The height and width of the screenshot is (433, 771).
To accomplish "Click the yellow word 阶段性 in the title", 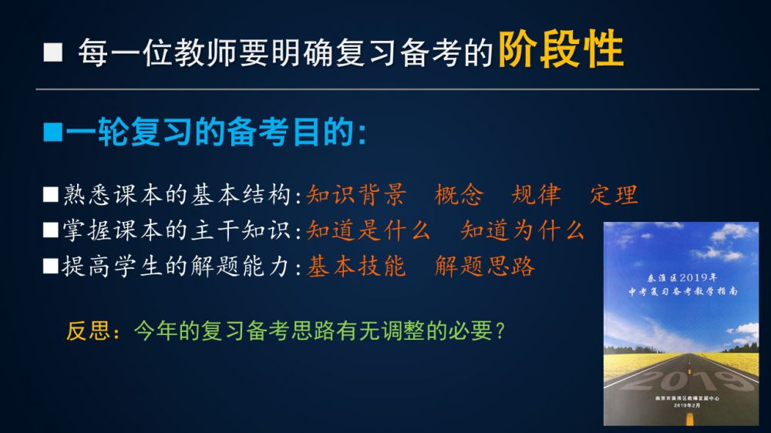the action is [x=561, y=49].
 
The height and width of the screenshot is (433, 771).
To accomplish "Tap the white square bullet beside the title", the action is [x=53, y=52].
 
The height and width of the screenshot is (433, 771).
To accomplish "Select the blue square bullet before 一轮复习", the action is [x=52, y=133].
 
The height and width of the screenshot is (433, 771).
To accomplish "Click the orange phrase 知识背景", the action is [x=356, y=195].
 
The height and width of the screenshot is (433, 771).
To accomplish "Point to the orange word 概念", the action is [x=460, y=195].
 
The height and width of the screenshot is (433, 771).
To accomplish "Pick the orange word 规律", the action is [x=536, y=195].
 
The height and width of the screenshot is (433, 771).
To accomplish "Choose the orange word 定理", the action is [x=614, y=195].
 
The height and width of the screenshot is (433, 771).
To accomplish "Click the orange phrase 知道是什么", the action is [x=369, y=230].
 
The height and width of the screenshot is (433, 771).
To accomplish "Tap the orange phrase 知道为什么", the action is [x=522, y=230].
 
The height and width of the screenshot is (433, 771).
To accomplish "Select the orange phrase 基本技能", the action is [x=356, y=267].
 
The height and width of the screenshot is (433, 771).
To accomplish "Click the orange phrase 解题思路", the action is [x=485, y=267].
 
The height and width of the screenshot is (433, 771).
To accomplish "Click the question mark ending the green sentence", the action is [x=500, y=331].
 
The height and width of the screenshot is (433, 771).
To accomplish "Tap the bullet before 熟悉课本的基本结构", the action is [x=51, y=195].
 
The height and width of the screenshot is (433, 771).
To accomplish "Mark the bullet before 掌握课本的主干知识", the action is [x=51, y=230].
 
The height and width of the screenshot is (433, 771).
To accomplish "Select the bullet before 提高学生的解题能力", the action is [x=51, y=266].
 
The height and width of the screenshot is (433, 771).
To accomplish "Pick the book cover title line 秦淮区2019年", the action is [x=682, y=277].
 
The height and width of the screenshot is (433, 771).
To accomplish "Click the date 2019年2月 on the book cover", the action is [x=687, y=405].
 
